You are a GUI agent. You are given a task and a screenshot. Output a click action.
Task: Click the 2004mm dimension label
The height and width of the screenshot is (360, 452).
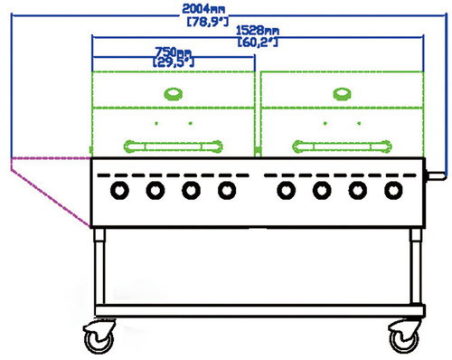tap(203, 9)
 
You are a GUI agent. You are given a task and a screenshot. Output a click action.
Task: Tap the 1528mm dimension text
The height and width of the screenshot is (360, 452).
tap(258, 31)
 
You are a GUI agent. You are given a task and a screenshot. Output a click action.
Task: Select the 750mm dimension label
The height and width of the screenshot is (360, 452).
tap(173, 52)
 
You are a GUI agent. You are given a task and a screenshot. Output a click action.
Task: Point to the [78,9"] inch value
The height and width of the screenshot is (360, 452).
tap(208, 22)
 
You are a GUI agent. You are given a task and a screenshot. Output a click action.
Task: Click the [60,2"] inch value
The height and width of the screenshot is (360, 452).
tap(258, 43)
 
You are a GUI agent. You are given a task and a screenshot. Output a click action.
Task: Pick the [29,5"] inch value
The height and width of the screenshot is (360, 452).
tap(174, 62)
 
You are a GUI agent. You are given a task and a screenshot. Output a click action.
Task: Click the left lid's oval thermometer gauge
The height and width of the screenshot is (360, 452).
tap(173, 94)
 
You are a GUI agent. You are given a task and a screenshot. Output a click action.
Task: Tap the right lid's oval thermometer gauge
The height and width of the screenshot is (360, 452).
tap(342, 94)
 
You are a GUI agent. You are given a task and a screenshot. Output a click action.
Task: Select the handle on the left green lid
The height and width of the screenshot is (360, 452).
tap(173, 147)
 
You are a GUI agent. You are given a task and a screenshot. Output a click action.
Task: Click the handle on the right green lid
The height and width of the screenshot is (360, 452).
tap(342, 147)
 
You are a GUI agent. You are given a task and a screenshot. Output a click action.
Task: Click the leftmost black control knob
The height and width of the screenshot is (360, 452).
tap(119, 191)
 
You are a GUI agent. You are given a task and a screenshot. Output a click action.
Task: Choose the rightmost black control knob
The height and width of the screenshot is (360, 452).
tap(393, 191)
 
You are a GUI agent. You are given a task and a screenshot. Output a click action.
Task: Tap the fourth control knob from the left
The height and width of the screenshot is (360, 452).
tap(227, 191)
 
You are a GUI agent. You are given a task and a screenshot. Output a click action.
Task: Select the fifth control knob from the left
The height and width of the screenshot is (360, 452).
tap(286, 191)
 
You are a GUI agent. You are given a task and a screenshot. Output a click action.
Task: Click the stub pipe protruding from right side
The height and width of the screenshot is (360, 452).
tap(435, 175)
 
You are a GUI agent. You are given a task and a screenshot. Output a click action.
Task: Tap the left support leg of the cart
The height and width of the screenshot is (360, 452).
tap(99, 267)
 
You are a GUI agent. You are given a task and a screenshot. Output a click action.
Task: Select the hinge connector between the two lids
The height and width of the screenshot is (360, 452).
tap(258, 150)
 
